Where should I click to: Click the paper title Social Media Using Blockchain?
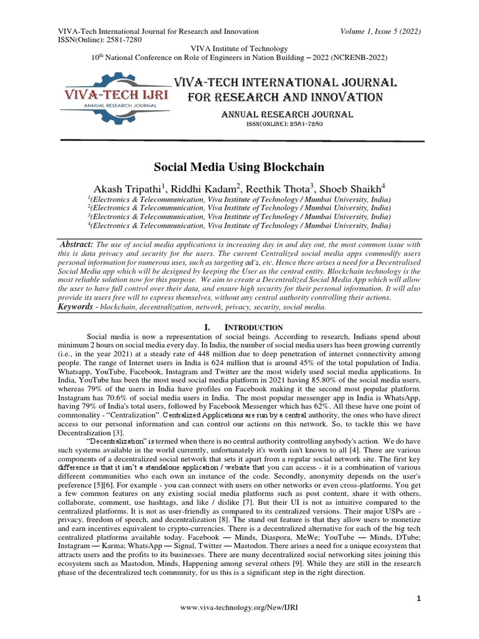[239, 167]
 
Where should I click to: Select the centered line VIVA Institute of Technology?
[239, 49]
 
